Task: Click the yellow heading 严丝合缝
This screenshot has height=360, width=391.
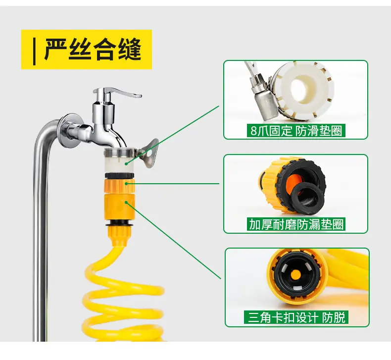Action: (93, 49)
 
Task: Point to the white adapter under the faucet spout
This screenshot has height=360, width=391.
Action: (119, 159)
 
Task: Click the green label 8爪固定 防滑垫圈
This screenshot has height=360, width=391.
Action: (296, 130)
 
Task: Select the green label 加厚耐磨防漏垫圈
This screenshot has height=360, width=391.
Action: (296, 224)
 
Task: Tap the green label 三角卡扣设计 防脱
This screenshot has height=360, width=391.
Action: (296, 317)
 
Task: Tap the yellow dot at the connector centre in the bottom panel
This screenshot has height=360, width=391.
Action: (296, 274)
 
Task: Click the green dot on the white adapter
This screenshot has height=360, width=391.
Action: (126, 164)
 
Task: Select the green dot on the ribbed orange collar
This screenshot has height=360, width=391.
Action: (126, 184)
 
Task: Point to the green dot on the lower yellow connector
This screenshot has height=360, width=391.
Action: (126, 203)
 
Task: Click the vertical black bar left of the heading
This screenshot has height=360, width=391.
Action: (35, 51)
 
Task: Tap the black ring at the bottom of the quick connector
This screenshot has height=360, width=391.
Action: (119, 225)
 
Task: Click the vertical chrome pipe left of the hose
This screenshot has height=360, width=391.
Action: (40, 237)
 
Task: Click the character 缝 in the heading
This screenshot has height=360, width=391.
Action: (129, 49)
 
